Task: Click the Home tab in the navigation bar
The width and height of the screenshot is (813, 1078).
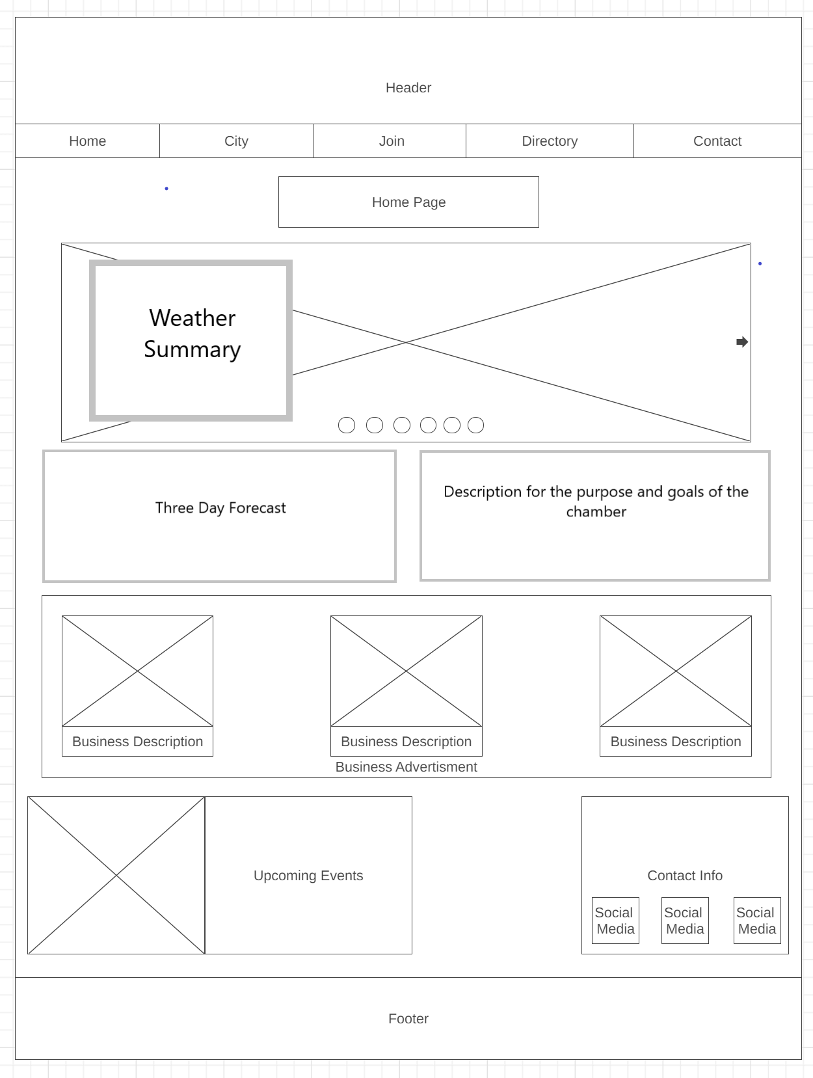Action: pyautogui.click(x=88, y=141)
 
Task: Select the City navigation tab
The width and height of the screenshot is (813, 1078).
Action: pyautogui.click(x=236, y=141)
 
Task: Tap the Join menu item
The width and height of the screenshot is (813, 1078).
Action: pyautogui.click(x=392, y=141)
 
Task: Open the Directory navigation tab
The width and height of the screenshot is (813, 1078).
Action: pyautogui.click(x=550, y=141)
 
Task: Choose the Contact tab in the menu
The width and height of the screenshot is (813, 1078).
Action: pyautogui.click(x=717, y=141)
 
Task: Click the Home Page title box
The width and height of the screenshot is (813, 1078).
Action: pyautogui.click(x=408, y=202)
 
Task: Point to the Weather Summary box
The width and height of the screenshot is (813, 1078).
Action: pyautogui.click(x=191, y=340)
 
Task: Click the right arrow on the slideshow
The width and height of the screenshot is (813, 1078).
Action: pyautogui.click(x=742, y=342)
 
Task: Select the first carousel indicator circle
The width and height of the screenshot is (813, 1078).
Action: pyautogui.click(x=347, y=425)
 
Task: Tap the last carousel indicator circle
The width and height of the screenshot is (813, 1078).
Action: pyautogui.click(x=475, y=425)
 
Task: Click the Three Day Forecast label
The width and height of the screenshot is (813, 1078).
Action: pyautogui.click(x=220, y=508)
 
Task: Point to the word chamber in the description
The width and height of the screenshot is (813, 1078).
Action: pyautogui.click(x=596, y=512)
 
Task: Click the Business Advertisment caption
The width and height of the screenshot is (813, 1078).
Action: pyautogui.click(x=406, y=767)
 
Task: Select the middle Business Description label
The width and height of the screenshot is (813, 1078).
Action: pyautogui.click(x=406, y=742)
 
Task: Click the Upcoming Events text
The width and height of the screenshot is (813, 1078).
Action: pyautogui.click(x=308, y=876)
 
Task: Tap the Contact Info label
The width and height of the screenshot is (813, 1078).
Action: pyautogui.click(x=685, y=876)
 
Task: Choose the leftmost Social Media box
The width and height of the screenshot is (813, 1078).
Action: pyautogui.click(x=615, y=921)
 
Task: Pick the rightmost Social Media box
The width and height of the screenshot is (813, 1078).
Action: pyautogui.click(x=757, y=921)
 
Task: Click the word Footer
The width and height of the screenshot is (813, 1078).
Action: pyautogui.click(x=408, y=1019)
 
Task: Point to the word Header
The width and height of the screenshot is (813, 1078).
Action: pyautogui.click(x=408, y=88)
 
